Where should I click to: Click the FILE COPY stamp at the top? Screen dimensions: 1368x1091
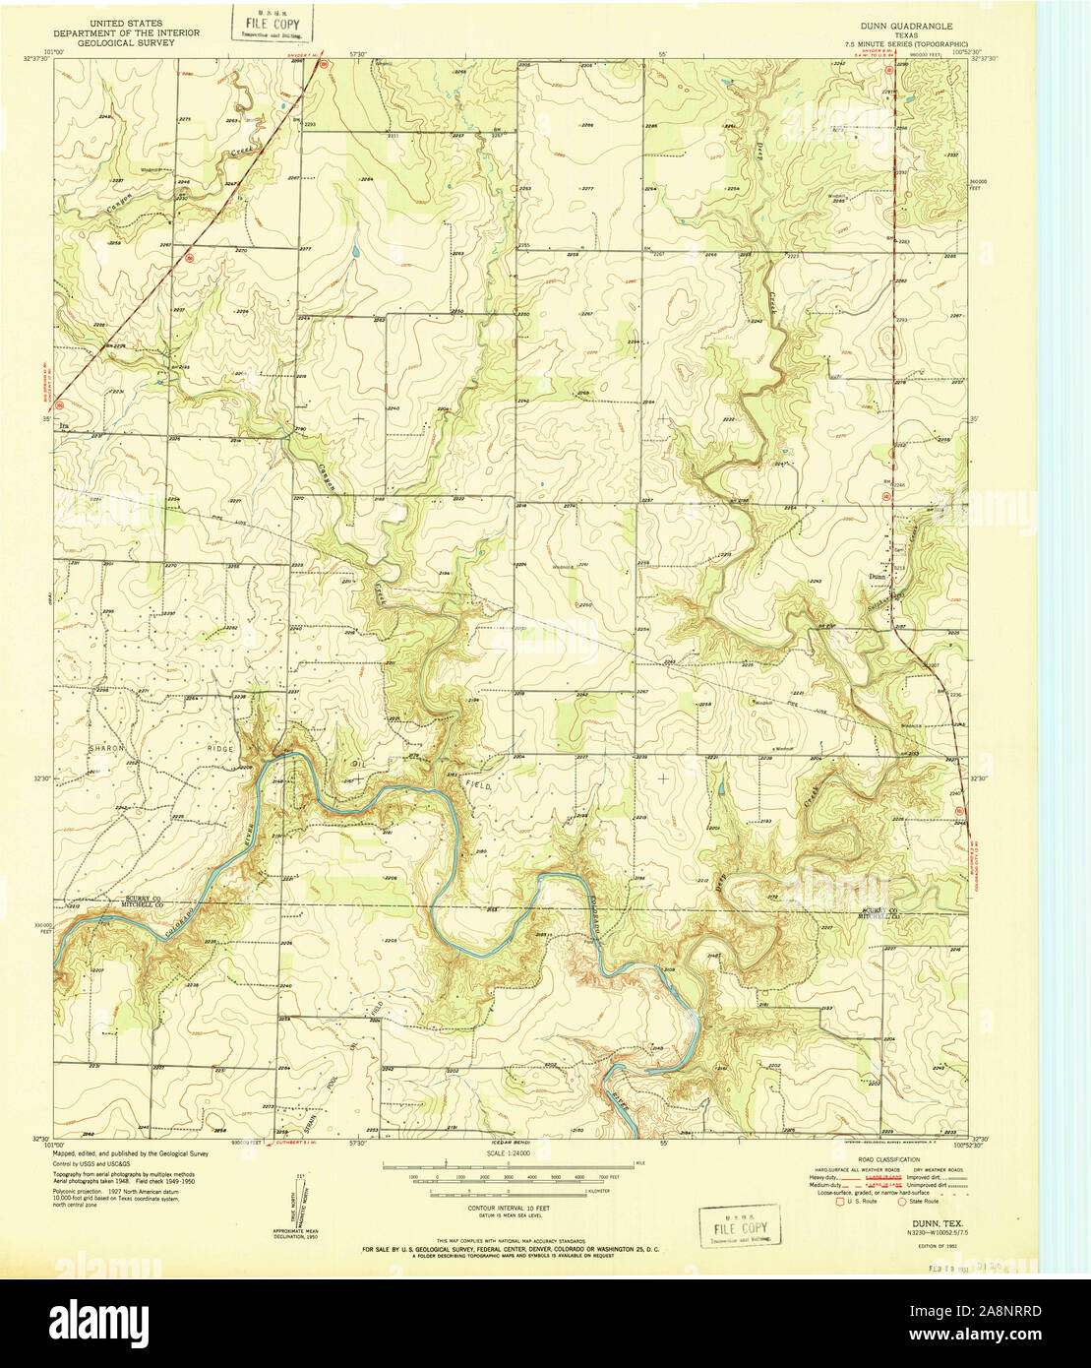pos(271,22)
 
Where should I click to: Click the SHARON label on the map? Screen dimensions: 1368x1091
pos(108,749)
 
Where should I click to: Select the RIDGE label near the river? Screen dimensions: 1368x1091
pos(220,749)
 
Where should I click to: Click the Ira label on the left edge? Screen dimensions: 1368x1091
pos(65,426)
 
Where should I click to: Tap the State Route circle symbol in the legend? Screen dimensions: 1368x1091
pos(902,1201)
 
